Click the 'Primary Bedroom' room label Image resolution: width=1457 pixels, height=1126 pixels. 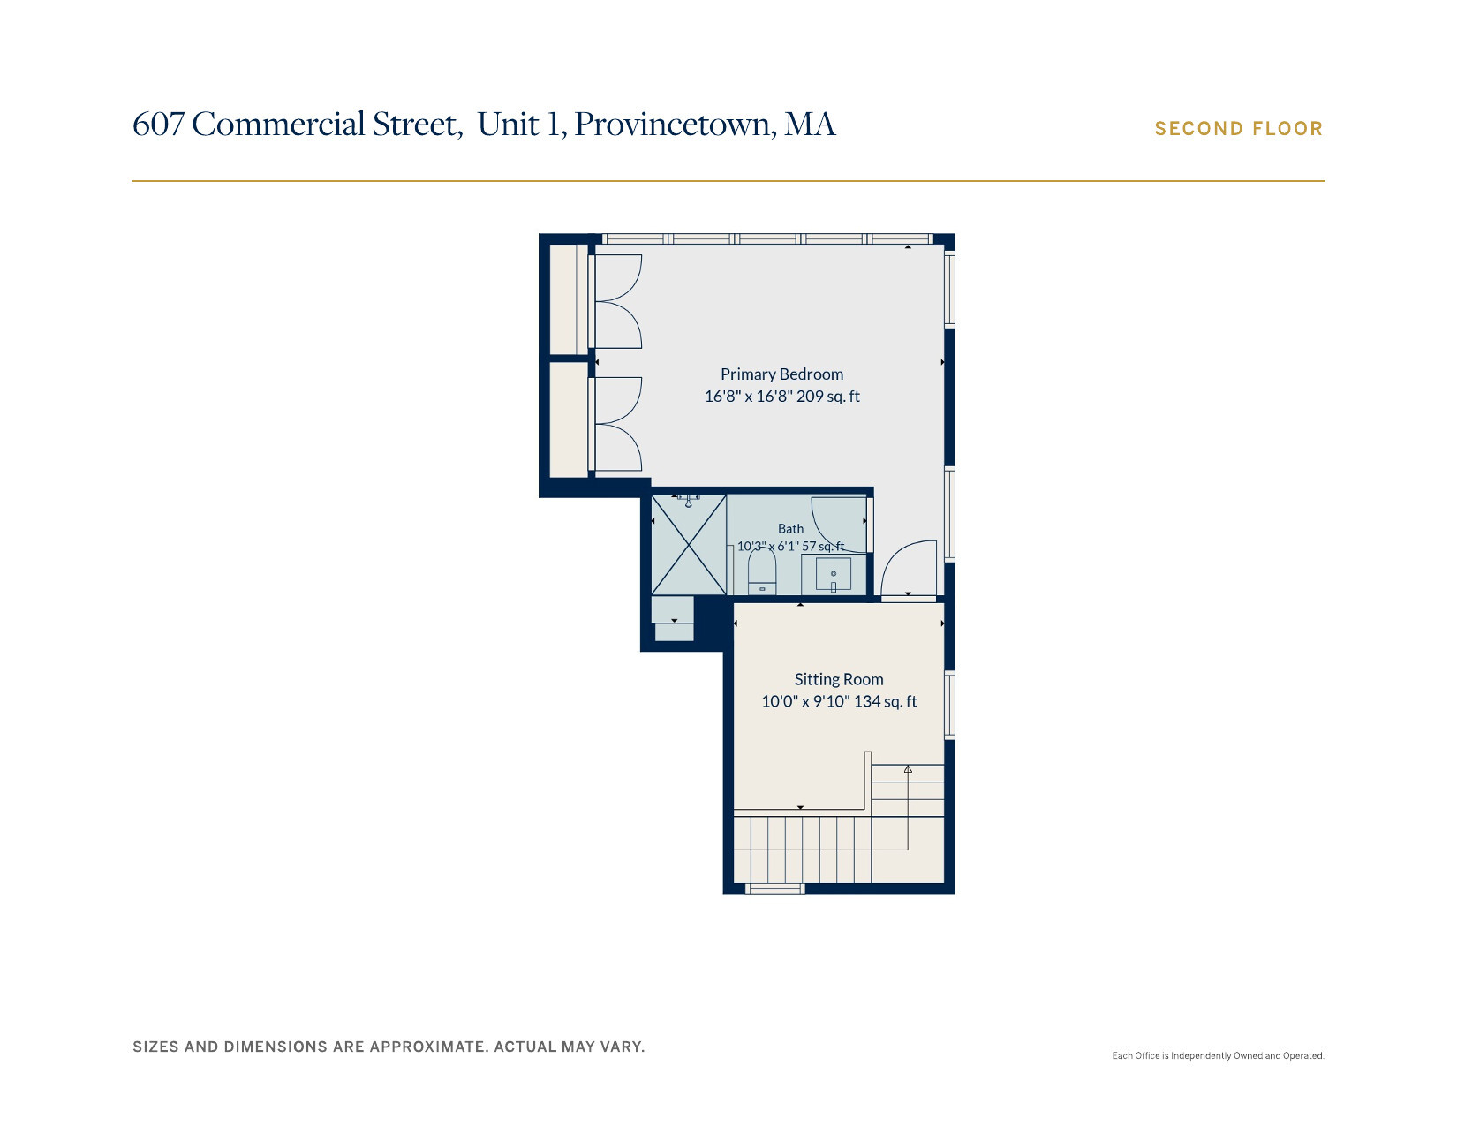[x=781, y=374]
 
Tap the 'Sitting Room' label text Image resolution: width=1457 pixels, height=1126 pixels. [x=839, y=679]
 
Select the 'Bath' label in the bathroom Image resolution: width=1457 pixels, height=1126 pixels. [x=790, y=528]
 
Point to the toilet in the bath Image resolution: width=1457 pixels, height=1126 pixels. [x=762, y=571]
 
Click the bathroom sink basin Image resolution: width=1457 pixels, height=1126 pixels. [x=834, y=574]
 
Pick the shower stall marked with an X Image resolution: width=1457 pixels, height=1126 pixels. [x=689, y=545]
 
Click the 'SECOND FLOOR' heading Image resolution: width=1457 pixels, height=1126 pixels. [x=1238, y=129]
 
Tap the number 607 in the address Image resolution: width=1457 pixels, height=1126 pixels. [x=158, y=124]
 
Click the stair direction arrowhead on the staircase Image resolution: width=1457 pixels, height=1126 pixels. [x=908, y=769]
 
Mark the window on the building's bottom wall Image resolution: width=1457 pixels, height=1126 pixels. [x=774, y=889]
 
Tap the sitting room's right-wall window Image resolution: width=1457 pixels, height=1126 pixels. [x=949, y=705]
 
